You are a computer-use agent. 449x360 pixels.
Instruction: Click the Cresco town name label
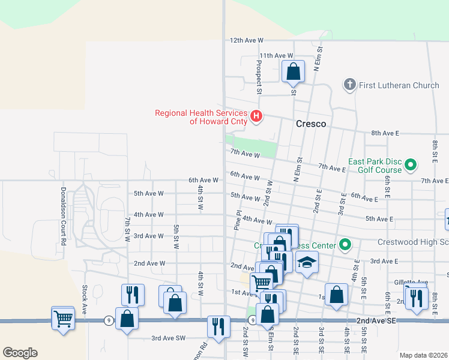pyautogui.click(x=310, y=124)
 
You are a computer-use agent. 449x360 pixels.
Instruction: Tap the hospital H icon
pyautogui.click(x=256, y=116)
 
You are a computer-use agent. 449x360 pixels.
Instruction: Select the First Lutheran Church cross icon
pyautogui.click(x=350, y=85)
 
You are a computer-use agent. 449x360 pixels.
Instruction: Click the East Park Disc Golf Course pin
pyautogui.click(x=411, y=164)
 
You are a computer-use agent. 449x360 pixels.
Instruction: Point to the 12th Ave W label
pyautogui.click(x=247, y=40)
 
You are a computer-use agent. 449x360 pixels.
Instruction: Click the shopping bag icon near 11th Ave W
pyautogui.click(x=292, y=71)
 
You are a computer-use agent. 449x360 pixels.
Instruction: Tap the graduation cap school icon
pyautogui.click(x=307, y=262)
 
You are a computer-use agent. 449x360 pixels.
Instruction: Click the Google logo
pyautogui.click(x=20, y=352)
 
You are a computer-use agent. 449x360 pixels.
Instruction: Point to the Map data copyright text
pyautogui.click(x=423, y=355)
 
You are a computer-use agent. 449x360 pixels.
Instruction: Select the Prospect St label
pyautogui.click(x=259, y=77)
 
